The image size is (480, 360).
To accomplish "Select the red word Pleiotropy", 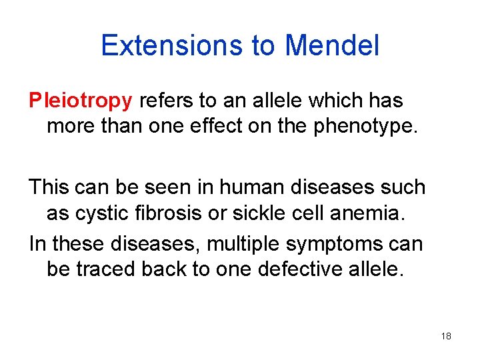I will [81, 101].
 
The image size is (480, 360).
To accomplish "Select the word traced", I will [107, 270].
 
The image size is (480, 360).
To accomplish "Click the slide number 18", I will [446, 336].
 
